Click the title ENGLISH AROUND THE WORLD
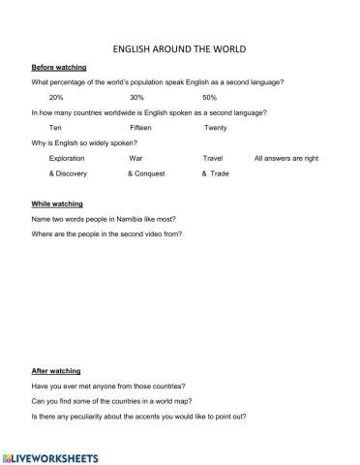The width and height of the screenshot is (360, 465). (180, 47)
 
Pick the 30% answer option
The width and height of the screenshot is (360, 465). (136, 98)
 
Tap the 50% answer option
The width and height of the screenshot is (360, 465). (210, 98)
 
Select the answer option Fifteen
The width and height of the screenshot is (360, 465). (140, 128)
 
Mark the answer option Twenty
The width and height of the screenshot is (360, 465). (215, 128)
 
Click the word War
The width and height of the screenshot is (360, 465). (135, 157)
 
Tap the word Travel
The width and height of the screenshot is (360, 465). (213, 157)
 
